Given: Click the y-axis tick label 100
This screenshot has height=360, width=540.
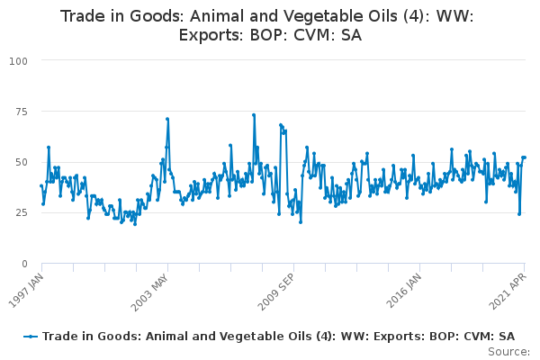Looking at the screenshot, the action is (x=18, y=61).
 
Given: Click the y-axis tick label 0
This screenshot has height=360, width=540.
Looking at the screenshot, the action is (x=24, y=264).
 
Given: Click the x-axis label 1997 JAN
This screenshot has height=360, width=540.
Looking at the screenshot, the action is (x=26, y=291).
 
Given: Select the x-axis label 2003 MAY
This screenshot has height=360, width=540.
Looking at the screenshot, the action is (x=149, y=292).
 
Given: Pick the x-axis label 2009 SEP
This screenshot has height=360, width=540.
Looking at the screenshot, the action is (x=276, y=292).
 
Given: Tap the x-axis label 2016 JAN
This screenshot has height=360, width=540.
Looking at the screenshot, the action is (x=403, y=291).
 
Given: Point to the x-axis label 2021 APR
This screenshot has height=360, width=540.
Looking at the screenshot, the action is (x=508, y=291).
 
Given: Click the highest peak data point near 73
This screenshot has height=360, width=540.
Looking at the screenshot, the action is (x=254, y=115).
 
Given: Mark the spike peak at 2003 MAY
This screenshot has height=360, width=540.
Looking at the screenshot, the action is (x=167, y=119).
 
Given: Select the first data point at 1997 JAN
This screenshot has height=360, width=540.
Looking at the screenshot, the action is (x=41, y=185).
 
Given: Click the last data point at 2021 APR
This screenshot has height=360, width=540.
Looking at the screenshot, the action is (x=525, y=157).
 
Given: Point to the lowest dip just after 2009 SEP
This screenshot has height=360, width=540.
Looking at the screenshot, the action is (x=301, y=222).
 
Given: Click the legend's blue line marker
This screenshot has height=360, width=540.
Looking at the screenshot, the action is (x=31, y=337).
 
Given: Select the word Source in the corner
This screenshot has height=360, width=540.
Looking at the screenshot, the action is (x=508, y=352).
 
